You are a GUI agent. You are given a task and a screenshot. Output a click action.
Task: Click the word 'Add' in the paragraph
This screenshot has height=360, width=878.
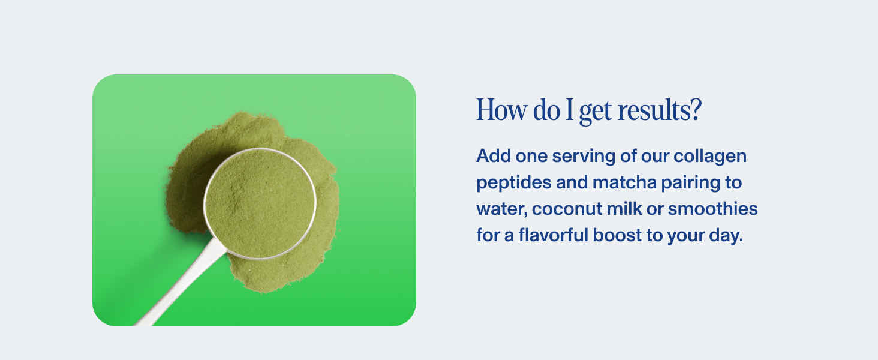pyautogui.click(x=492, y=156)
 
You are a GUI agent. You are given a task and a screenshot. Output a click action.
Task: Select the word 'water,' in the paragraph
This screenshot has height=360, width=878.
pyautogui.click(x=501, y=209)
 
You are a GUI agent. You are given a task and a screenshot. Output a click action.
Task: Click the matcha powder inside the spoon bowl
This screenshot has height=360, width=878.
pyautogui.click(x=260, y=203)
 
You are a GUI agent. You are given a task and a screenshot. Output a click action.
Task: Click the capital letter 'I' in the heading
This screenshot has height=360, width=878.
pyautogui.click(x=570, y=111)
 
